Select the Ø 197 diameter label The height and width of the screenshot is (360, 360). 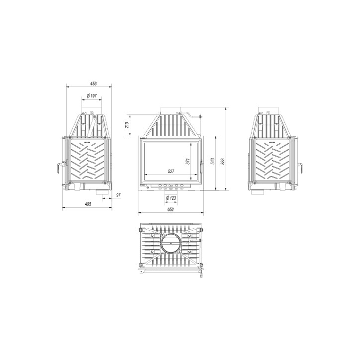[x=91, y=95]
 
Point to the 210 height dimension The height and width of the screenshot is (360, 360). [x=127, y=124]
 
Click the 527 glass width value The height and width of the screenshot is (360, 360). [x=171, y=172]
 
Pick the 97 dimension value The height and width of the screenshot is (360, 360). [x=118, y=195]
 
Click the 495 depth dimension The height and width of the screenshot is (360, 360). [x=88, y=204]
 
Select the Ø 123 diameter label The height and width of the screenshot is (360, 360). [x=171, y=198]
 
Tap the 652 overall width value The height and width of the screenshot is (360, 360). [x=171, y=210]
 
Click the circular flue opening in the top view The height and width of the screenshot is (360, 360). [x=171, y=244]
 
